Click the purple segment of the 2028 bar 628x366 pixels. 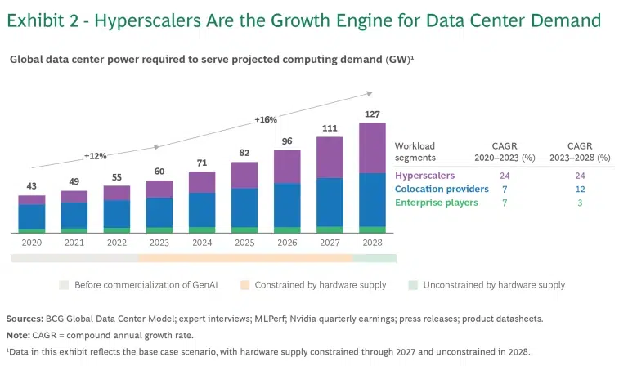click(372, 148)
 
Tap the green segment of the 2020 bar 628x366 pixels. click(32, 230)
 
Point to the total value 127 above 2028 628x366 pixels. click(372, 114)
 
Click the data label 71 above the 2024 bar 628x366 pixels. click(202, 163)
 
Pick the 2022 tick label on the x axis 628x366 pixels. click(117, 243)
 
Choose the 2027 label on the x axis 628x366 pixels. click(330, 243)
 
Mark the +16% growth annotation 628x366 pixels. click(266, 119)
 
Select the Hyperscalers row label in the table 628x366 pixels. click(425, 175)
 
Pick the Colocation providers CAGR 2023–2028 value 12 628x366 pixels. click(580, 189)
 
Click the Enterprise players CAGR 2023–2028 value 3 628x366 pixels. click(580, 203)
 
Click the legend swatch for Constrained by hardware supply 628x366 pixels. click(245, 285)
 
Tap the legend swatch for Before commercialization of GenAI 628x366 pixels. click(64, 285)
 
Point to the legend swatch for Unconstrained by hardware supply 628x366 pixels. click(414, 285)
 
